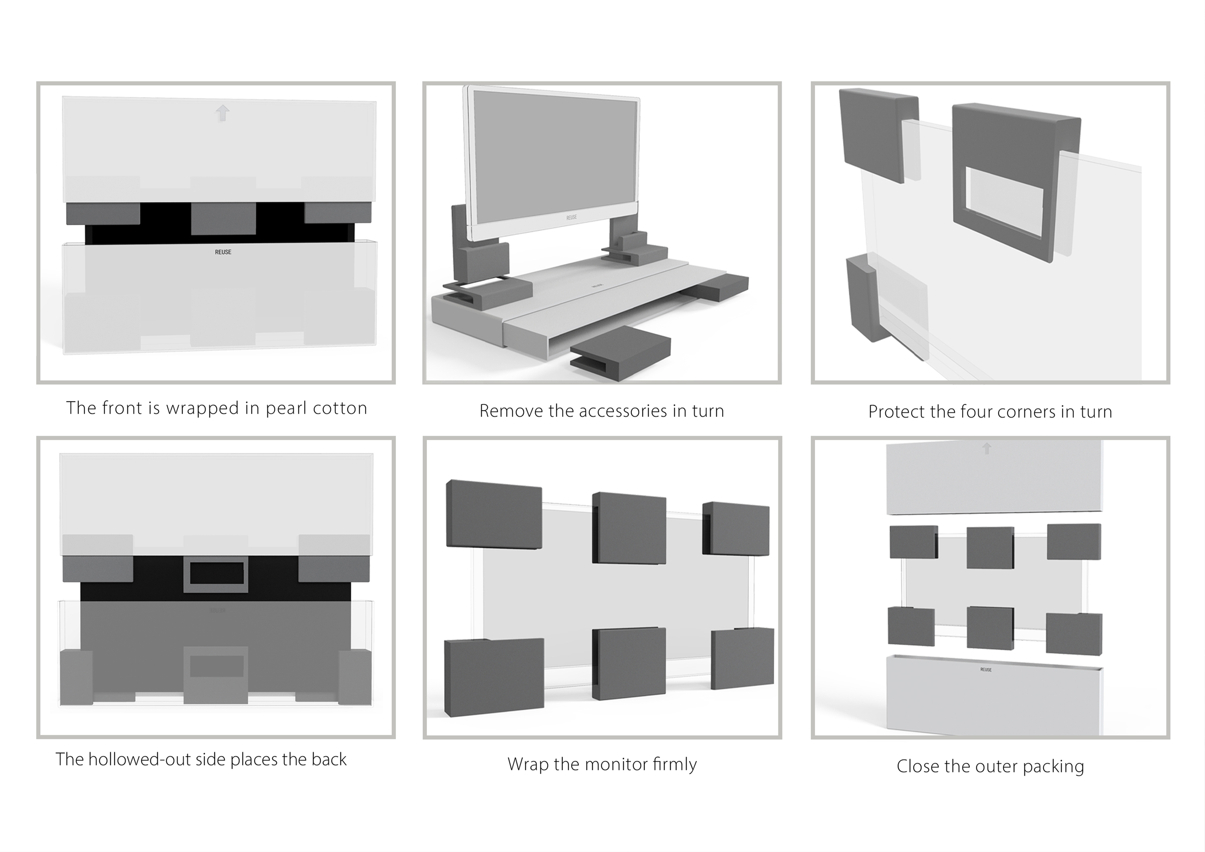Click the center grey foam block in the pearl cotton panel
click(223, 218)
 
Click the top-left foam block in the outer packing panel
click(913, 542)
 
